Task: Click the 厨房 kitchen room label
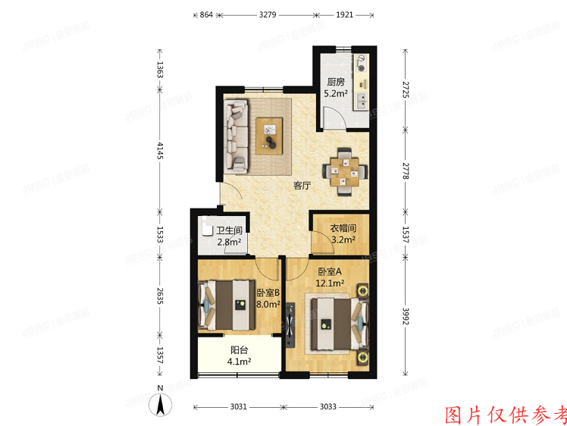[336, 83]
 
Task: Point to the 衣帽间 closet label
[343, 228]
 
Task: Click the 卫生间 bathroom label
[229, 231]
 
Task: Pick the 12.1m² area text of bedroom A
[330, 283]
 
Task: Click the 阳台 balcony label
[240, 350]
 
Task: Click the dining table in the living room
[346, 172]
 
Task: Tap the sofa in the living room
[237, 134]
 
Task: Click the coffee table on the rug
[270, 136]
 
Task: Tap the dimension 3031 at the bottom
[238, 407]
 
